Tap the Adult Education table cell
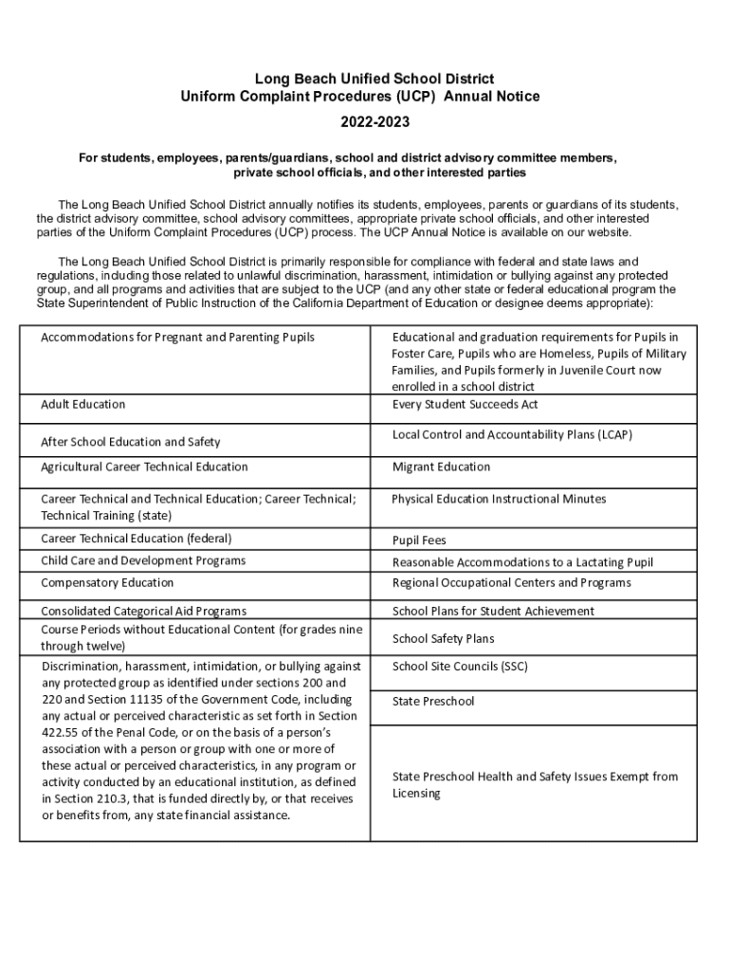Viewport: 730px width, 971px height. (x=83, y=405)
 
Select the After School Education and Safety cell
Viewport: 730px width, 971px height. (x=131, y=442)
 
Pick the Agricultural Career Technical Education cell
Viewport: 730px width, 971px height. (x=144, y=467)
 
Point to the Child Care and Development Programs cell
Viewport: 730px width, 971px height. (x=143, y=560)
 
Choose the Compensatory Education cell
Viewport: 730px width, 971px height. (x=107, y=583)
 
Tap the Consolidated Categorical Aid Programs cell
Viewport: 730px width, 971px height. (x=143, y=612)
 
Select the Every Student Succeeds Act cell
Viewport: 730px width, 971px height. (x=465, y=405)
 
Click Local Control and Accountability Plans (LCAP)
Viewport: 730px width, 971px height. (x=512, y=435)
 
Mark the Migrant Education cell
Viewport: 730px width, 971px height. (x=441, y=467)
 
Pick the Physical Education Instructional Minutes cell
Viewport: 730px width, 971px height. (x=499, y=499)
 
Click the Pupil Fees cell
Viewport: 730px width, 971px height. (x=419, y=540)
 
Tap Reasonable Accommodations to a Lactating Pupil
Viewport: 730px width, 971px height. (x=522, y=562)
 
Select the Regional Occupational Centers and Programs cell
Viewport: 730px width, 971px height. (x=511, y=583)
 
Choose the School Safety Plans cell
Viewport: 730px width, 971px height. (x=443, y=639)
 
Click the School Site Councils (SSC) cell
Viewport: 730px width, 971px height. (x=460, y=667)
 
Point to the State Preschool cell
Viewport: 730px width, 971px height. (x=433, y=702)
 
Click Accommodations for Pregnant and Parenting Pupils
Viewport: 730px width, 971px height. (x=177, y=338)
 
